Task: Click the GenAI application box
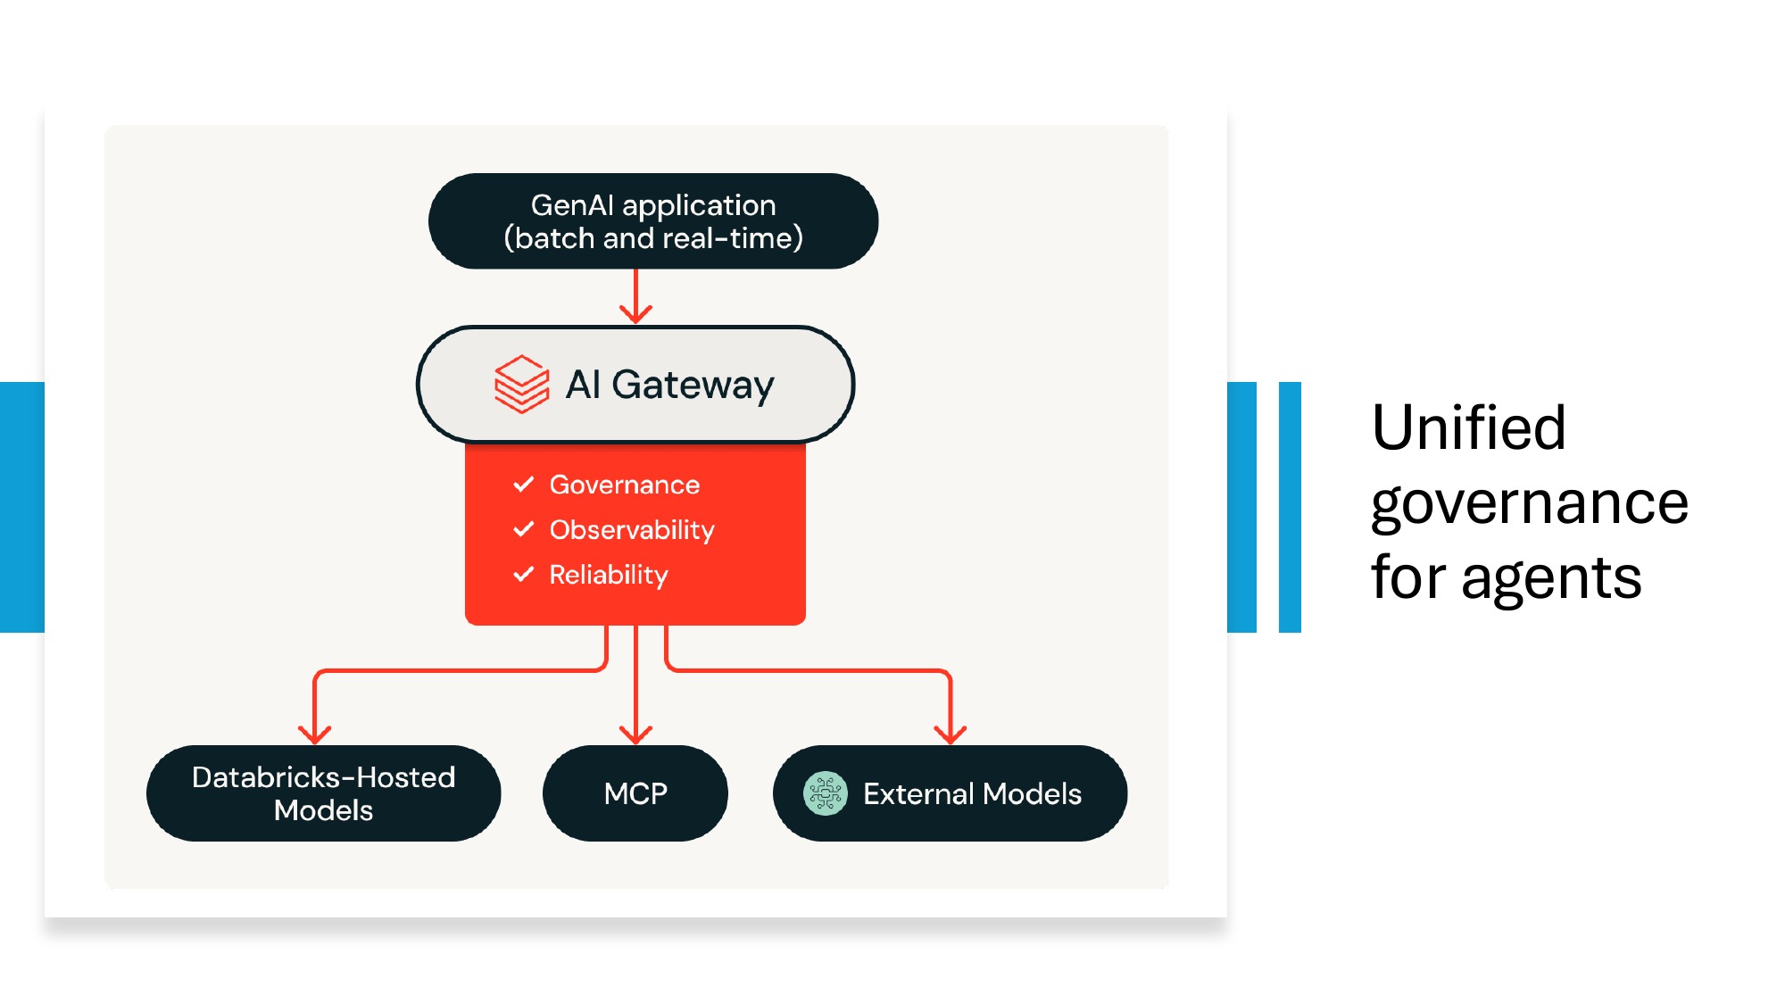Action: pyautogui.click(x=653, y=221)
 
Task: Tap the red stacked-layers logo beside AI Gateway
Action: pyautogui.click(x=521, y=385)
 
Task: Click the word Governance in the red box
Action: pyautogui.click(x=624, y=485)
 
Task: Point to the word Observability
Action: pyautogui.click(x=631, y=530)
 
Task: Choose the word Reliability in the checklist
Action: pyautogui.click(x=608, y=575)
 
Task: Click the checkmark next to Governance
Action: pyautogui.click(x=524, y=485)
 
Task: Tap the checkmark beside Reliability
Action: pyautogui.click(x=524, y=574)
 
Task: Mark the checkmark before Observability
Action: pyautogui.click(x=524, y=529)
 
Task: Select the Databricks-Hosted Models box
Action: pyautogui.click(x=323, y=793)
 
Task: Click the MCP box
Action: pyautogui.click(x=635, y=793)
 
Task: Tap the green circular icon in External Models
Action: pyautogui.click(x=825, y=793)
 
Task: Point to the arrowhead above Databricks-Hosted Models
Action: pyautogui.click(x=315, y=734)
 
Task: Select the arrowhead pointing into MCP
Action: pyautogui.click(x=635, y=734)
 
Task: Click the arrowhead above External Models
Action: pyautogui.click(x=951, y=734)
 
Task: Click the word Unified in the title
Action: pyautogui.click(x=1468, y=427)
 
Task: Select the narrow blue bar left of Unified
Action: pyautogui.click(x=1290, y=507)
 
